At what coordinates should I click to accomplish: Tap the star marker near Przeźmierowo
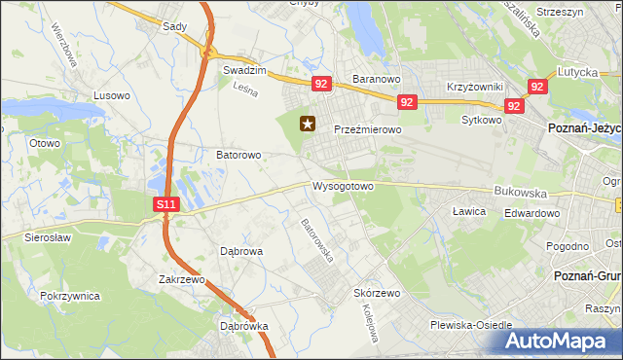(x=309, y=124)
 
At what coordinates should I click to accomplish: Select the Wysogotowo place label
(x=343, y=186)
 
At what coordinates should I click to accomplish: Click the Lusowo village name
(x=111, y=95)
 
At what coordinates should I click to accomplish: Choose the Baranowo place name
(x=377, y=78)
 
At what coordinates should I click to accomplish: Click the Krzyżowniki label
(x=474, y=87)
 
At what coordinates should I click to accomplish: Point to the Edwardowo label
(x=532, y=214)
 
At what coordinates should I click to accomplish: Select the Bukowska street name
(x=516, y=194)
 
